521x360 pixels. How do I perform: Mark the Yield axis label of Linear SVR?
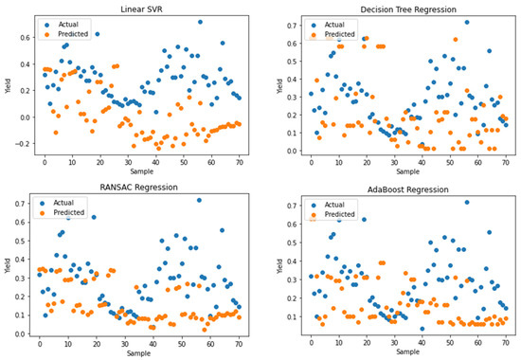click(7, 85)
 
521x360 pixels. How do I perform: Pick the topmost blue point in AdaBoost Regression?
click(466, 202)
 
